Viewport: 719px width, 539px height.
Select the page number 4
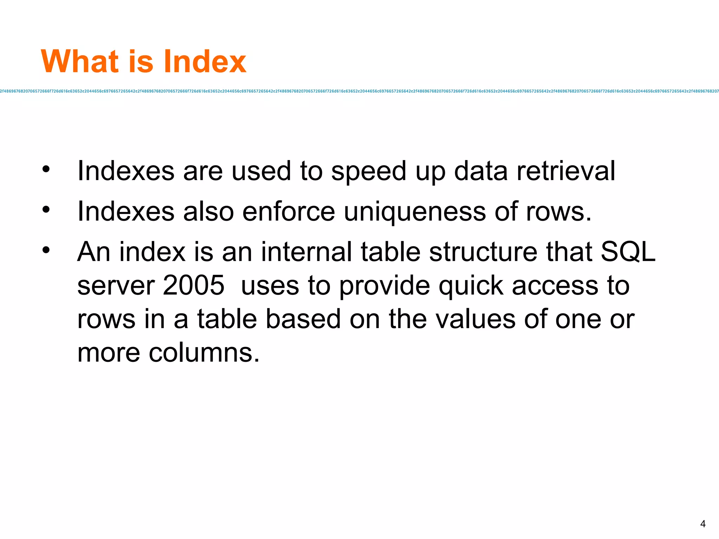[x=702, y=524]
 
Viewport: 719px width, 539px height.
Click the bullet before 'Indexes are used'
[x=46, y=169]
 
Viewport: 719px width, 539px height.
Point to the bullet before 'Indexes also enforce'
[x=46, y=210]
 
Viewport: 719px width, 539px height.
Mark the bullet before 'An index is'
[x=46, y=250]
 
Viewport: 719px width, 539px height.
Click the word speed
[x=369, y=172]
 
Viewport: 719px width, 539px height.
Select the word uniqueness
[x=415, y=212]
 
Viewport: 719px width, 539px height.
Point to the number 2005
[x=193, y=285]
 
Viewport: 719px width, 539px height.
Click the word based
[x=303, y=319]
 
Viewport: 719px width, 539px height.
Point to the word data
[x=481, y=171]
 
